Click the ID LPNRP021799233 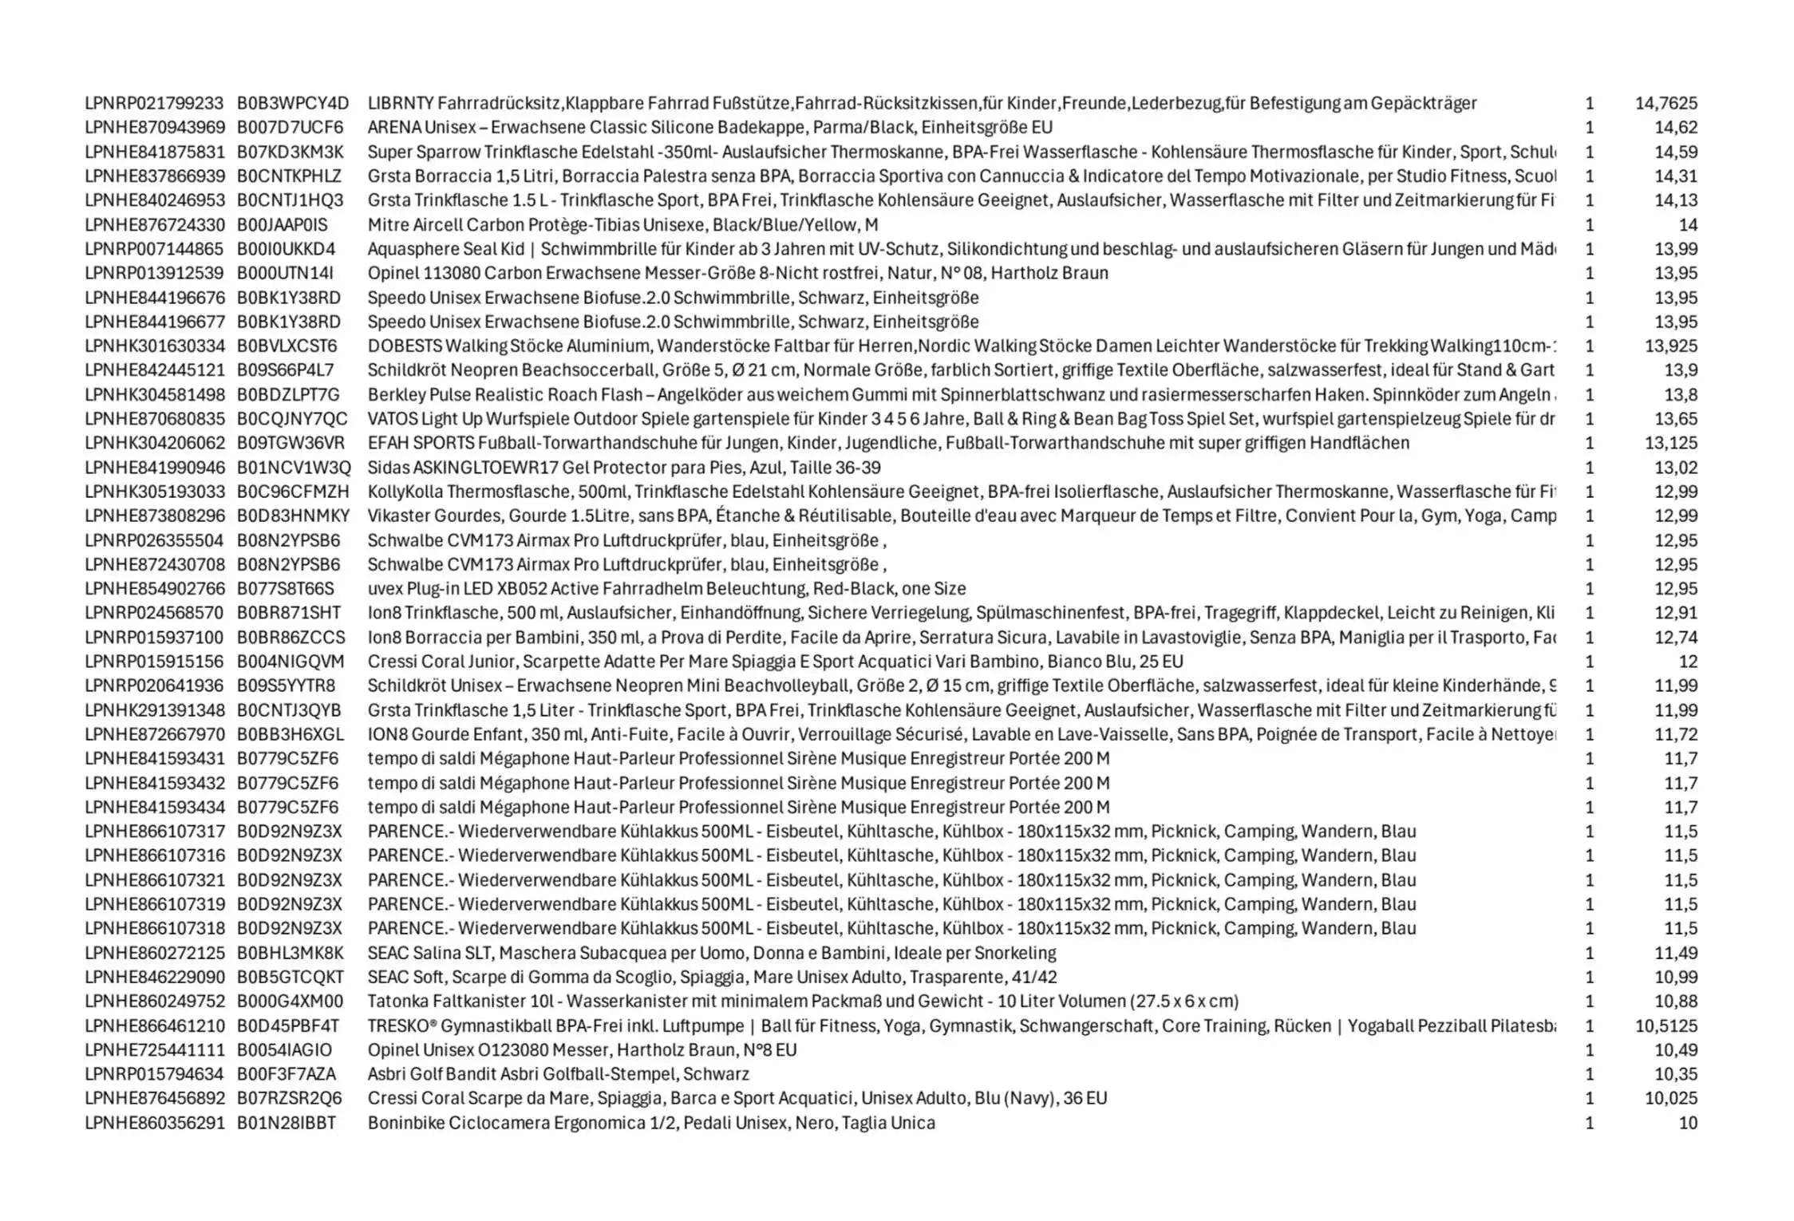pyautogui.click(x=154, y=104)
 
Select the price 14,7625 pyautogui.click(x=1666, y=104)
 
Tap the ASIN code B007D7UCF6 pyautogui.click(x=290, y=128)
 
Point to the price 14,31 pyautogui.click(x=1675, y=176)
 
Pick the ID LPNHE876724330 pyautogui.click(x=154, y=225)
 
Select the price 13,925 pyautogui.click(x=1670, y=346)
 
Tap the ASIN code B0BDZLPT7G pyautogui.click(x=288, y=395)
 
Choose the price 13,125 pyautogui.click(x=1670, y=443)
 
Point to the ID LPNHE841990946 pyautogui.click(x=154, y=468)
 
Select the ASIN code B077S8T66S pyautogui.click(x=285, y=589)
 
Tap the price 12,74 pyautogui.click(x=1675, y=638)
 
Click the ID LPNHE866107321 pyautogui.click(x=154, y=880)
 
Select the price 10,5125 pyautogui.click(x=1666, y=1026)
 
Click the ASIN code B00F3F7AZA pyautogui.click(x=286, y=1074)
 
